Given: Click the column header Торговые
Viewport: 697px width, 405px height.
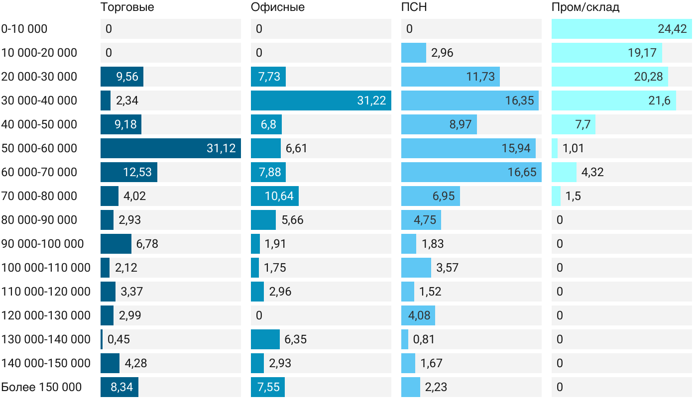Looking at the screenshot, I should pyautogui.click(x=127, y=7).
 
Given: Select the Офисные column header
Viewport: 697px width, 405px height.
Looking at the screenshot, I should pyautogui.click(x=278, y=7).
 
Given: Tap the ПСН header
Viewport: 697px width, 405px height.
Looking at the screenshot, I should pyautogui.click(x=414, y=7).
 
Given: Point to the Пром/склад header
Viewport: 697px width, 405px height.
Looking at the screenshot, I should pyautogui.click(x=585, y=7).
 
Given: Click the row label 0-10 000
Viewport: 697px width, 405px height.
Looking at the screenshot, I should pyautogui.click(x=24, y=29).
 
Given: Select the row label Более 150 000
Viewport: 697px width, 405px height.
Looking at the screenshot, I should pyautogui.click(x=41, y=387).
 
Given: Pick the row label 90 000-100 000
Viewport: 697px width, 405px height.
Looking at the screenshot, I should pyautogui.click(x=42, y=244).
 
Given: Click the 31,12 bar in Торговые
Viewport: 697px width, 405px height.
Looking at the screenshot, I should pyautogui.click(x=170, y=148).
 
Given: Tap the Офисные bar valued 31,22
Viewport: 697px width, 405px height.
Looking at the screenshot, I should pyautogui.click(x=321, y=101).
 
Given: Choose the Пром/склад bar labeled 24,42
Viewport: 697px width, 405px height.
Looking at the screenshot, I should pyautogui.click(x=621, y=29).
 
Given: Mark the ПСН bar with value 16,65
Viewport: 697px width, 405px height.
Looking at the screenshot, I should pyautogui.click(x=471, y=172).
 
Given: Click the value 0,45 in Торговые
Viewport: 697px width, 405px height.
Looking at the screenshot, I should pyautogui.click(x=118, y=339).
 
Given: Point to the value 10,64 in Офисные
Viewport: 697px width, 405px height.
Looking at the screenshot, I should pyautogui.click(x=279, y=196).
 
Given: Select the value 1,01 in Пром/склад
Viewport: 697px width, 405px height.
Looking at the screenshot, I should pyautogui.click(x=573, y=148).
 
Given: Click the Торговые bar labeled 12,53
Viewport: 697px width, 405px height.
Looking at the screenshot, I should pyautogui.click(x=128, y=172).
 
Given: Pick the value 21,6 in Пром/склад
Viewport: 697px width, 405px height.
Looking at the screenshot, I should pyautogui.click(x=659, y=101).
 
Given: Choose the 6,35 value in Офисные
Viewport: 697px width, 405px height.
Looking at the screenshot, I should pyautogui.click(x=295, y=339).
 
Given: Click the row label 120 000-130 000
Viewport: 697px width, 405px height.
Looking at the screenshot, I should pyautogui.click(x=46, y=315).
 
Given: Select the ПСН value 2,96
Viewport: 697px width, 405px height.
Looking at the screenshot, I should pyautogui.click(x=442, y=53).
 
